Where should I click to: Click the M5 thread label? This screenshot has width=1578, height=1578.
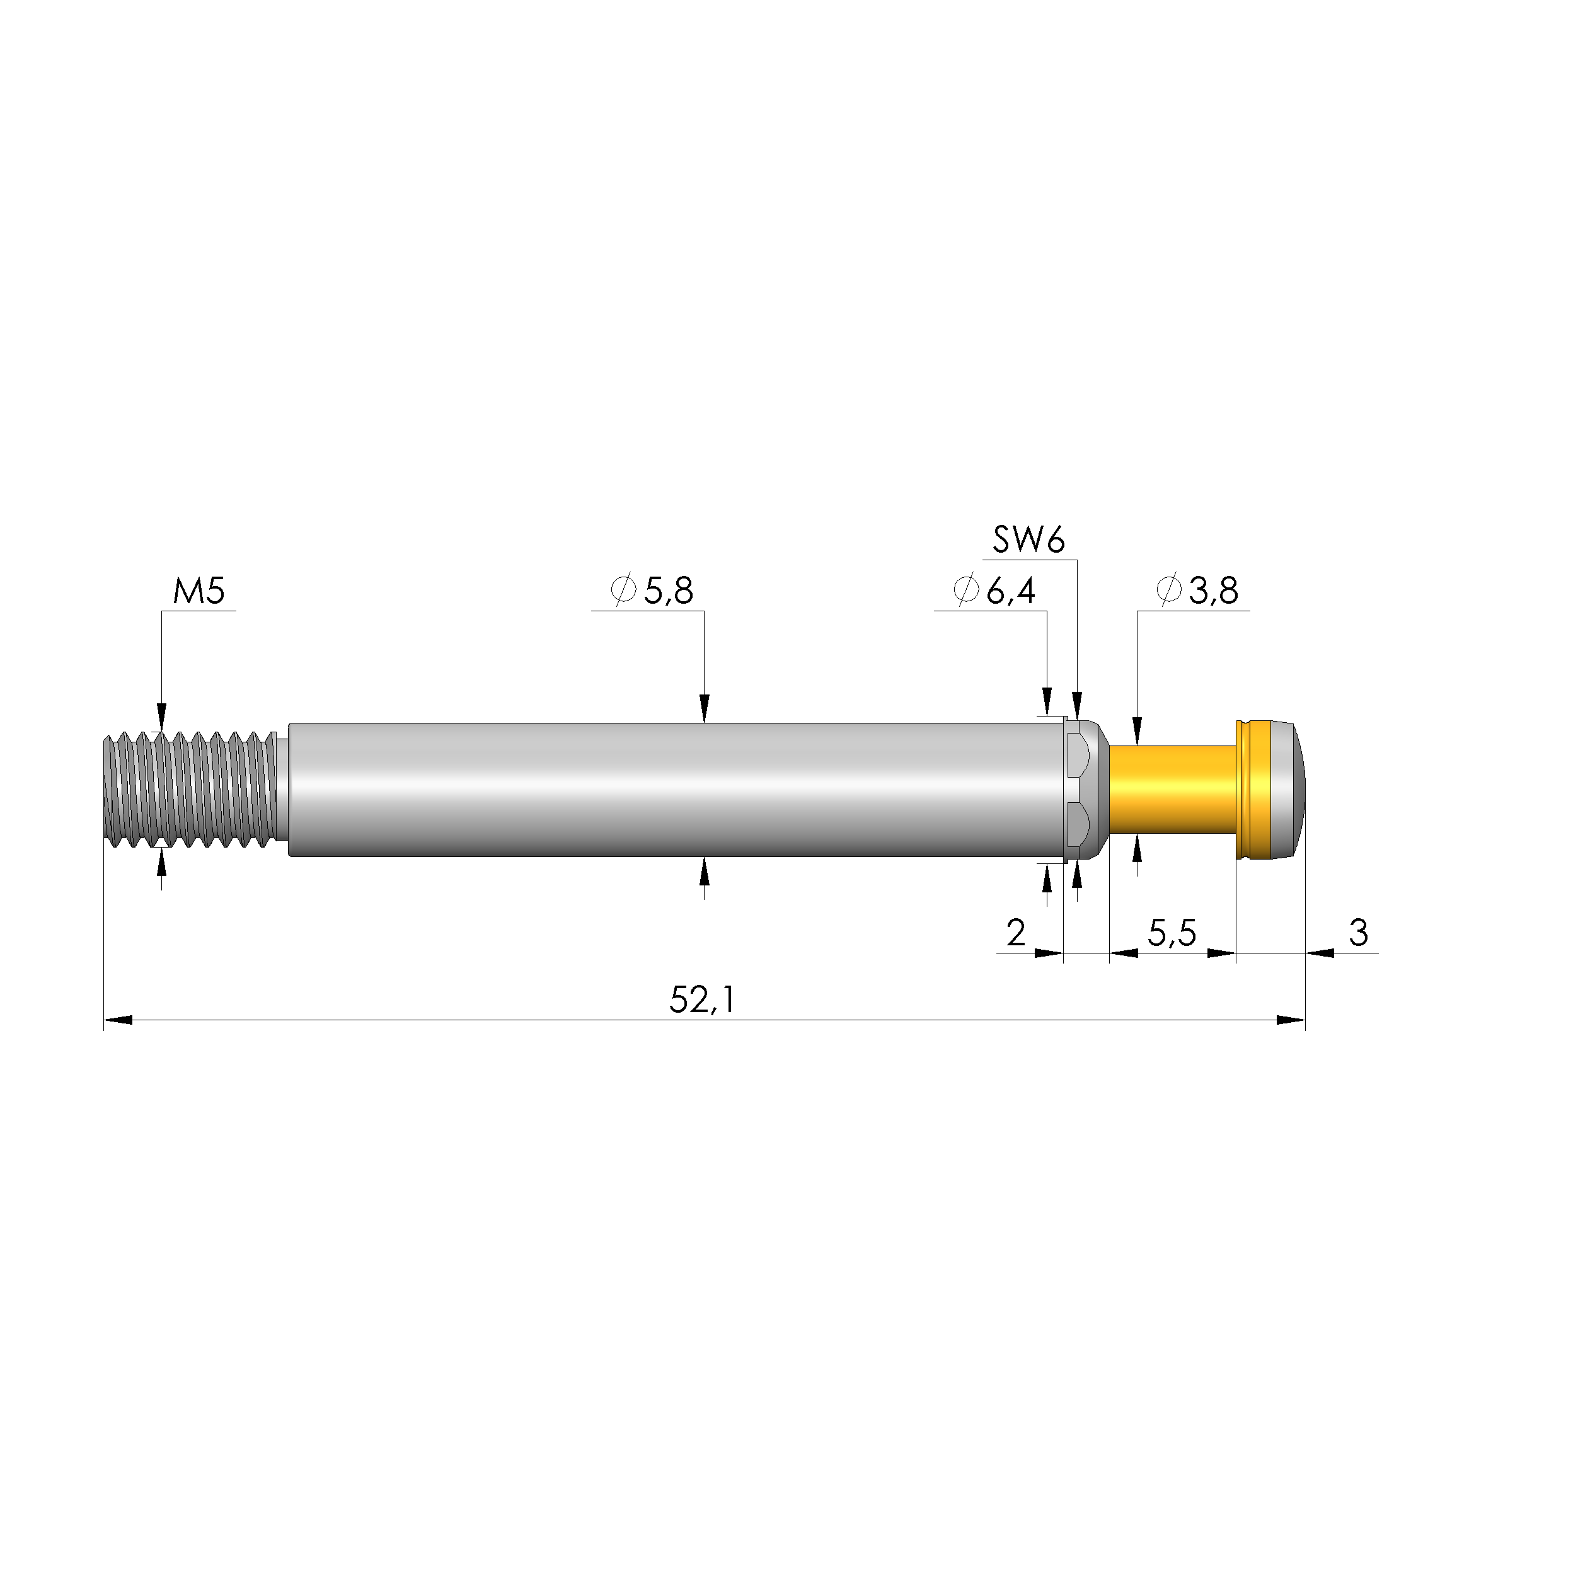pos(199,590)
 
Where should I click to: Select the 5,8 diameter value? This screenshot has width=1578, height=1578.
pos(669,591)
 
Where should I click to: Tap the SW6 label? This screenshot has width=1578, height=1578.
pos(1028,541)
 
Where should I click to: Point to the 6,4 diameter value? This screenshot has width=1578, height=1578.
pos(1011,591)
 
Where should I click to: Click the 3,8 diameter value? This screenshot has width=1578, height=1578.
pos(1214,591)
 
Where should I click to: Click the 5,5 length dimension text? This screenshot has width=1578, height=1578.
pos(1172,933)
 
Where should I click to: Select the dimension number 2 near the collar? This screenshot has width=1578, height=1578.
pos(1015,933)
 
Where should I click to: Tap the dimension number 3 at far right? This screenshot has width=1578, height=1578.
pos(1358,933)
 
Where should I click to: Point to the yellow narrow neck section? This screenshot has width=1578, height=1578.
pos(1172,789)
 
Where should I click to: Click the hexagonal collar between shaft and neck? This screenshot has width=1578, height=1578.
pos(1081,789)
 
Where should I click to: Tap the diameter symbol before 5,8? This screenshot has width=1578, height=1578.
pos(624,591)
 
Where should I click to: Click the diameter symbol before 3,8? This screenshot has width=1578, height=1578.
pos(1170,591)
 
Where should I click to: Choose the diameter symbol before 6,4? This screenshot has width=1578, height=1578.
pos(966,591)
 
